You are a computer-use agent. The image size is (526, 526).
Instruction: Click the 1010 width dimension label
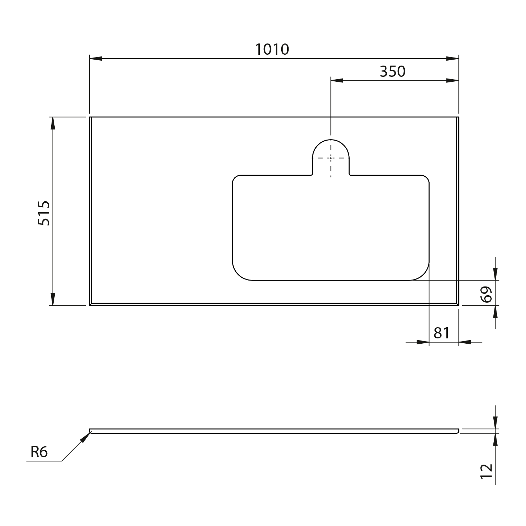pyautogui.click(x=272, y=49)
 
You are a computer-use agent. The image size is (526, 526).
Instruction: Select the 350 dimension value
pyautogui.click(x=392, y=72)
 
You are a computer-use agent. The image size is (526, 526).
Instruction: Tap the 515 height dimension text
pyautogui.click(x=44, y=213)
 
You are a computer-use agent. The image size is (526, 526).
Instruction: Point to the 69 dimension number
pyautogui.click(x=486, y=294)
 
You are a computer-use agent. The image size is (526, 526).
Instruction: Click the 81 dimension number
pyautogui.click(x=441, y=333)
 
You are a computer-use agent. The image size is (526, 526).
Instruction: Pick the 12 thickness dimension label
pyautogui.click(x=486, y=471)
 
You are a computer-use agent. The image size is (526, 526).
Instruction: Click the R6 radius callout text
pyautogui.click(x=39, y=452)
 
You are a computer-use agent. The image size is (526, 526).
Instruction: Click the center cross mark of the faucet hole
pyautogui.click(x=331, y=158)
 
